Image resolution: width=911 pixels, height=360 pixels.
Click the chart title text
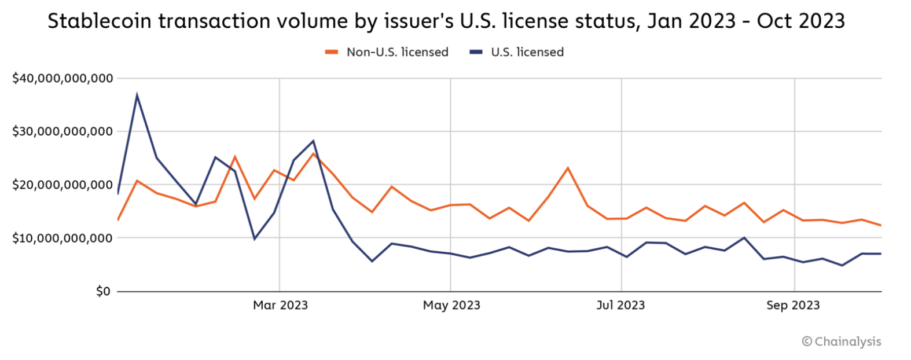tap(446, 21)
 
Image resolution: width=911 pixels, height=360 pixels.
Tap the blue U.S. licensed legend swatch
tap(476, 52)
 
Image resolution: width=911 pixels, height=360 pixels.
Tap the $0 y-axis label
tap(103, 291)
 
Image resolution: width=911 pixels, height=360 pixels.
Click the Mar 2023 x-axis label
tap(280, 305)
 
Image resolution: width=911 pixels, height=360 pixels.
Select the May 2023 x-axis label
tap(451, 305)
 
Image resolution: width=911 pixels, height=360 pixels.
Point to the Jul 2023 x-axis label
tap(620, 305)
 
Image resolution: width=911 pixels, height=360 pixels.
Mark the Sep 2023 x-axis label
tap(793, 305)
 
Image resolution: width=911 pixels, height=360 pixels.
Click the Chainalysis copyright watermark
tap(842, 341)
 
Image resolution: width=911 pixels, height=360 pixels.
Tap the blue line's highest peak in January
tap(137, 95)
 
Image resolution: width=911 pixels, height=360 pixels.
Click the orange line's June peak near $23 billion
tap(568, 168)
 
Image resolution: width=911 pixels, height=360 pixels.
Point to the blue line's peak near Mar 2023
tap(313, 141)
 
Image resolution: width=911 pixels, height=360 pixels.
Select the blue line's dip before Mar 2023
tap(254, 239)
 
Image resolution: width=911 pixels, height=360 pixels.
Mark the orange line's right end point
tap(881, 225)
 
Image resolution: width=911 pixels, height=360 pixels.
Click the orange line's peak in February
tap(235, 156)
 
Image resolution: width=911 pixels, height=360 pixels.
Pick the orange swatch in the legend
tap(331, 52)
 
